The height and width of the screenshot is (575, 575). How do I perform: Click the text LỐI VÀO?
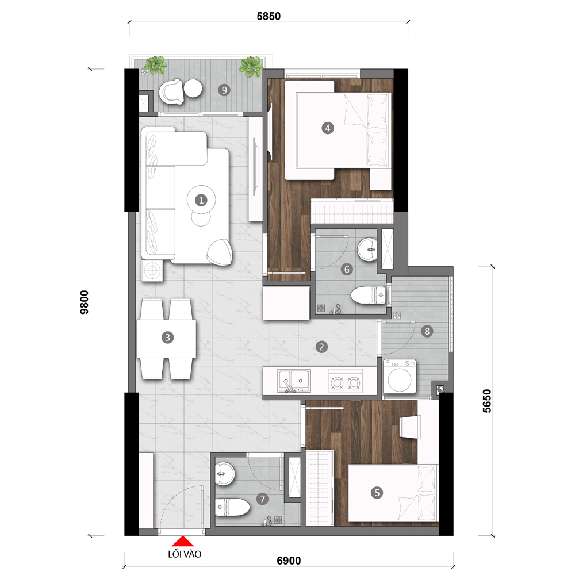185,554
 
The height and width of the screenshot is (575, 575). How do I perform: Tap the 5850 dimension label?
269,16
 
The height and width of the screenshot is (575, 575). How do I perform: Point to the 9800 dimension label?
85,302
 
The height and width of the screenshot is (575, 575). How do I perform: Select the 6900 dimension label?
289,561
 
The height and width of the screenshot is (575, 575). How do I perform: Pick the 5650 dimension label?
486,401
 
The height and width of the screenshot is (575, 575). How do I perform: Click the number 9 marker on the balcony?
224,90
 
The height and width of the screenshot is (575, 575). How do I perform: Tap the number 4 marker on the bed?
328,128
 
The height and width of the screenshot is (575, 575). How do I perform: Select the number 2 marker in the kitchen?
321,347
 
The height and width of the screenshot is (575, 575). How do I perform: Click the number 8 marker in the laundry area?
427,331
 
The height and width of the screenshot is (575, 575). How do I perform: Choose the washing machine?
400,377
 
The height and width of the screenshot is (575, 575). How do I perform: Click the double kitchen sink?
293,380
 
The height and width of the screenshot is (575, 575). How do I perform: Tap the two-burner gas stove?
345,381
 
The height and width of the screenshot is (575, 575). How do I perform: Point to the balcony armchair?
171,91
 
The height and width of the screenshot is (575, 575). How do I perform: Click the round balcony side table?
193,89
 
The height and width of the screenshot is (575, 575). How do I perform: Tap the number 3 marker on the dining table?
167,338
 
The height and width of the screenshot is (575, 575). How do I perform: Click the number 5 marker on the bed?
377,493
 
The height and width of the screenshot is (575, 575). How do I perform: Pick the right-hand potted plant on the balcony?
251,66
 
